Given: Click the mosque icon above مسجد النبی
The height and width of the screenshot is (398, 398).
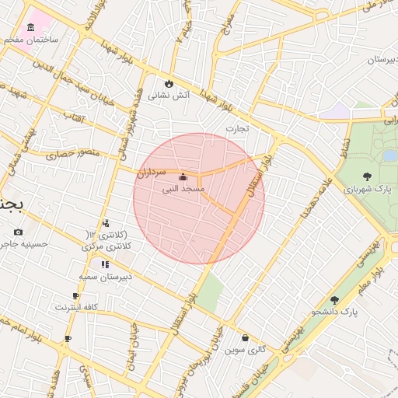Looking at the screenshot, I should [183, 176].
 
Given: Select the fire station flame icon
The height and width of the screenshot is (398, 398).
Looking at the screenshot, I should [169, 83].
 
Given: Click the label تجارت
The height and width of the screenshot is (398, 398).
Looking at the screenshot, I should [237, 128].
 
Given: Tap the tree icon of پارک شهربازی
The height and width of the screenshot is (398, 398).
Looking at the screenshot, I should [367, 176].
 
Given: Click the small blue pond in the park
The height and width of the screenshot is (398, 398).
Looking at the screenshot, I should [389, 155].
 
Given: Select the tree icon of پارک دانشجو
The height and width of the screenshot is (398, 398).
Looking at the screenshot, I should [334, 299].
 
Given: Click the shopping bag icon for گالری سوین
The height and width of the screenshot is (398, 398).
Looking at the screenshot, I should [246, 338].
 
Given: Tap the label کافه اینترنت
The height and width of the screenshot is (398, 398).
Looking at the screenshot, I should [75, 307].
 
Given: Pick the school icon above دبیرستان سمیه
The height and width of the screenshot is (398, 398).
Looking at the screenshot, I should [105, 264].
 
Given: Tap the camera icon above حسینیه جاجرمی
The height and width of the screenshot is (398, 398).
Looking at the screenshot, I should [19, 232].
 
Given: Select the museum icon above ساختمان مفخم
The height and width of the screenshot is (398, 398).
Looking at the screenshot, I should [30, 28].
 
